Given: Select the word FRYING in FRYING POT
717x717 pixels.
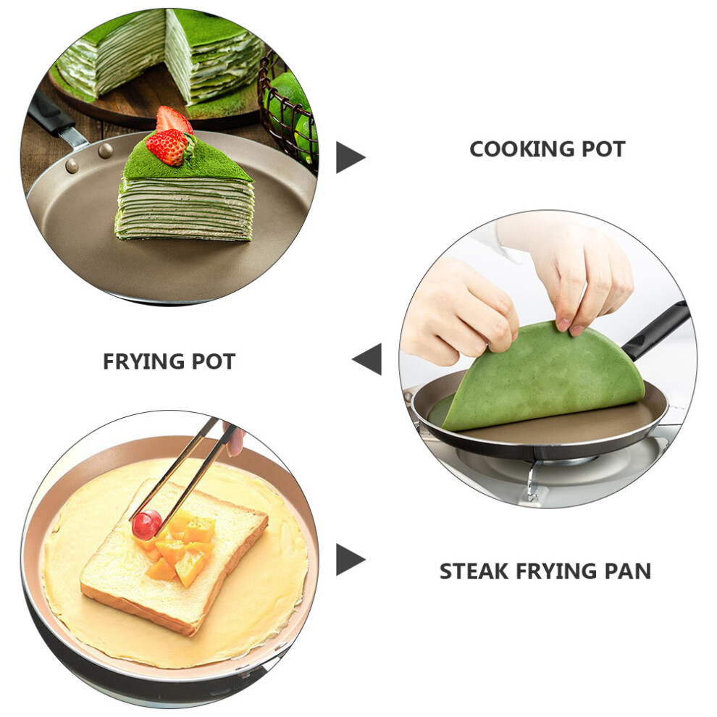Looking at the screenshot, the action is coord(143,361).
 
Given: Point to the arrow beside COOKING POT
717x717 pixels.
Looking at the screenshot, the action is coord(351,157).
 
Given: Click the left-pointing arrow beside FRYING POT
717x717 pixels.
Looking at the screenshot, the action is coord(366,359).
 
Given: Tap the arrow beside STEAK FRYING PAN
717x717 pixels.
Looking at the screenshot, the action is coord(351,559).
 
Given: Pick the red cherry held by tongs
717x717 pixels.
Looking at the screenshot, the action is coord(147,524).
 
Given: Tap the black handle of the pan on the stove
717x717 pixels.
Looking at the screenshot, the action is coord(657,331).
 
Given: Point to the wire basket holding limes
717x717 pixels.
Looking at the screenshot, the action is coord(288,110).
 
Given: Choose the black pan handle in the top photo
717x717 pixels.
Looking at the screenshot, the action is coord(51,116).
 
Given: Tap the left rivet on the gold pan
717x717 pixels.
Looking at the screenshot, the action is coord(72,166).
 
